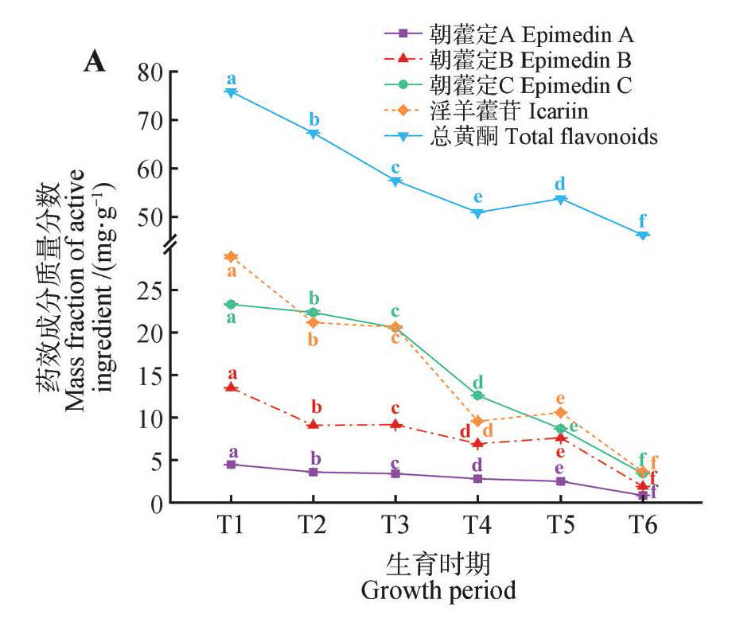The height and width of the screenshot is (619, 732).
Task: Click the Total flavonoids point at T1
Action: click(x=231, y=92)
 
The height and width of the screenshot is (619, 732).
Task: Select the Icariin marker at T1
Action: click(x=231, y=256)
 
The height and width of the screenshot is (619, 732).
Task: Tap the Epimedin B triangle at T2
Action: click(x=313, y=425)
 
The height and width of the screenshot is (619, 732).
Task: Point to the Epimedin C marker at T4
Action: click(x=477, y=395)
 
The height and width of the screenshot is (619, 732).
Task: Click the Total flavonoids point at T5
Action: click(x=560, y=199)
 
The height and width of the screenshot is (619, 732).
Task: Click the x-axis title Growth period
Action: click(x=438, y=591)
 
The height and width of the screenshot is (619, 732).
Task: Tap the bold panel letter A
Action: click(x=95, y=62)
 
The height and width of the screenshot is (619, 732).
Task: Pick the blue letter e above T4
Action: click(x=477, y=197)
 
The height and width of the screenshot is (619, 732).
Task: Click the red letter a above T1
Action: click(x=232, y=373)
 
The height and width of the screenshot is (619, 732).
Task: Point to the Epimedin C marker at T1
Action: click(x=231, y=304)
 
